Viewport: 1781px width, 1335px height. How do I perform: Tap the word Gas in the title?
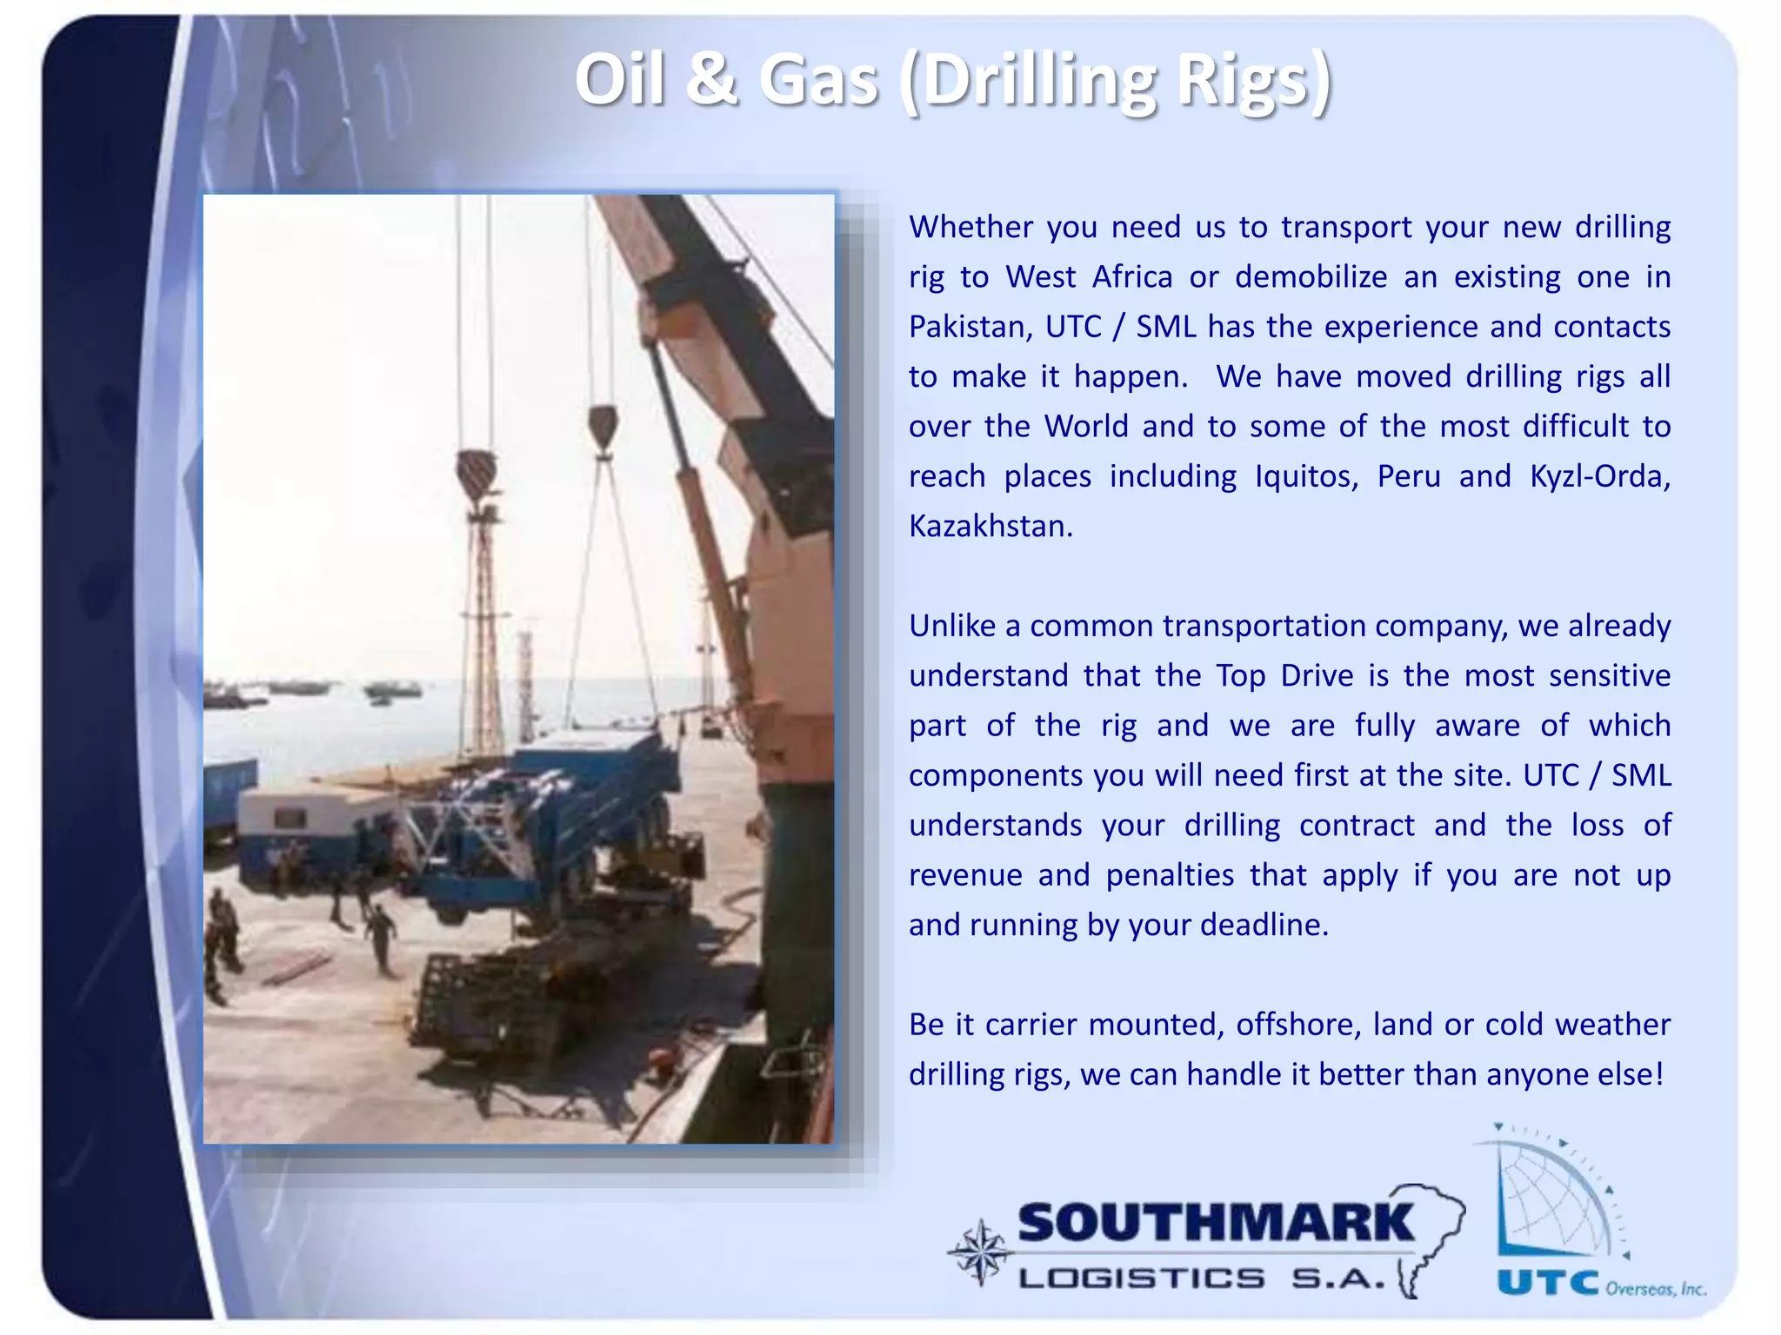(818, 81)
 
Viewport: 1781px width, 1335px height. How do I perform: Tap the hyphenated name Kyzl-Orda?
(1598, 477)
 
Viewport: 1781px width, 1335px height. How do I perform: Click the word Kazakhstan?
(991, 527)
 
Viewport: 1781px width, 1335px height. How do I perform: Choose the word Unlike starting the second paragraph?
(952, 627)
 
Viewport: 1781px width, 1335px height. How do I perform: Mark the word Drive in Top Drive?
(1317, 676)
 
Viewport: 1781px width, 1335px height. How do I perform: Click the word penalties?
(1170, 875)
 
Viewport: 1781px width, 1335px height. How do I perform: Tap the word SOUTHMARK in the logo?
(1216, 1224)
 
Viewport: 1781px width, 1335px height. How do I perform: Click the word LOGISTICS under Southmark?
(1142, 1279)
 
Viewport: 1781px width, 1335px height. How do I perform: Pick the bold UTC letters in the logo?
(1548, 1283)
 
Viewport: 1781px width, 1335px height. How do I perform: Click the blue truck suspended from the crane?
(557, 808)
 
